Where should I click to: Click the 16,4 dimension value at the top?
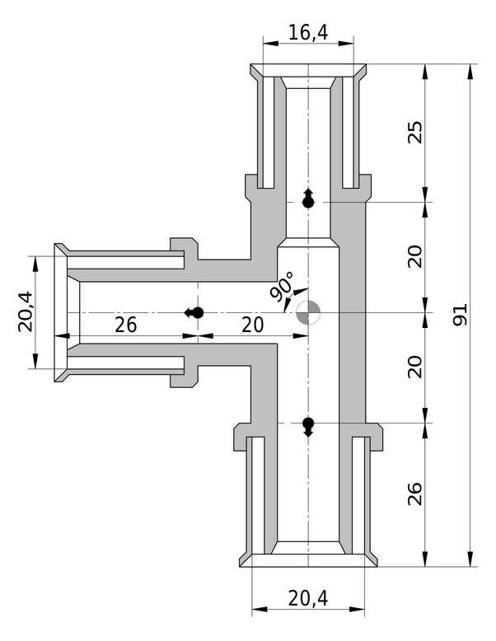click(308, 32)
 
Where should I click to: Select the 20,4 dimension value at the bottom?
click(308, 598)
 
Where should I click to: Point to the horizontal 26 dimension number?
click(126, 324)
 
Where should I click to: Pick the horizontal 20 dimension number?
click(252, 324)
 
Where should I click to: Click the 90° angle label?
click(282, 287)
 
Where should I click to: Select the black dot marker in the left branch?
click(196, 312)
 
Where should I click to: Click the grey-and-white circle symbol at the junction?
click(309, 313)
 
